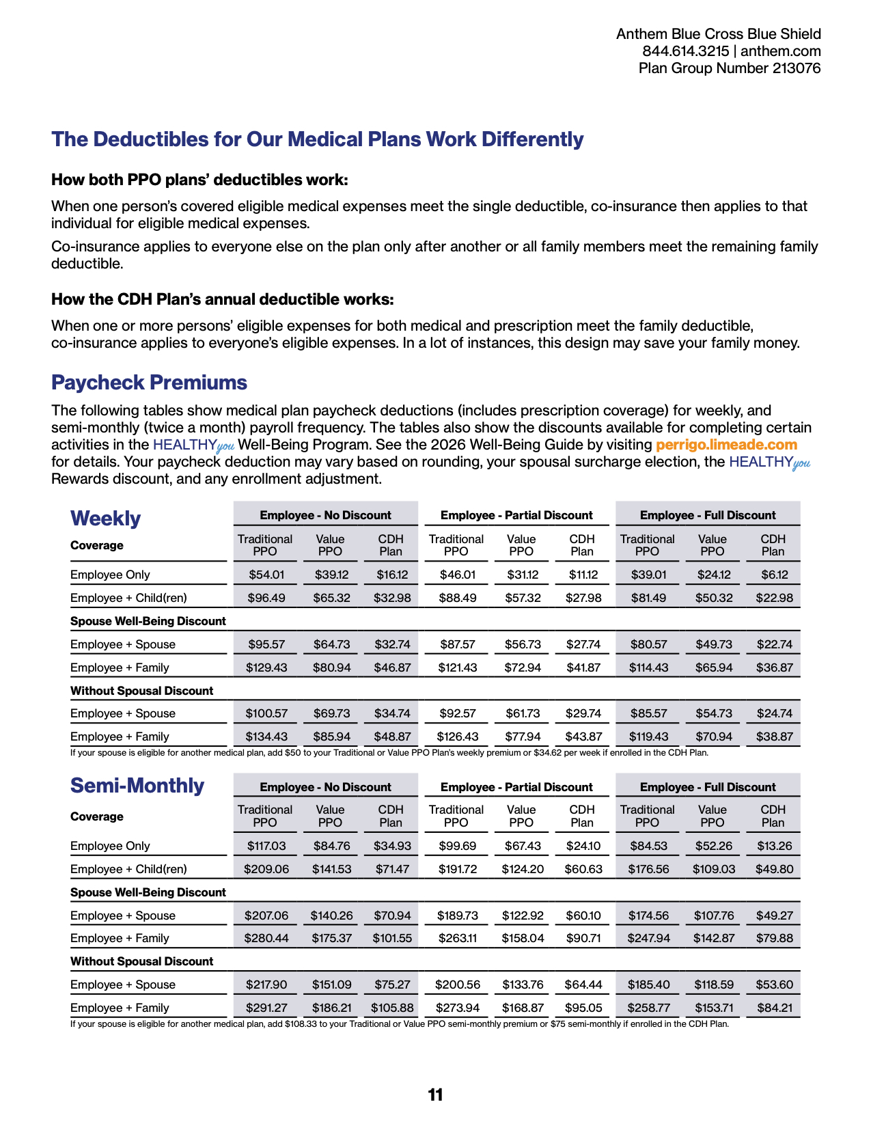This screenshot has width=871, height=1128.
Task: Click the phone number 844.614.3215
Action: click(685, 51)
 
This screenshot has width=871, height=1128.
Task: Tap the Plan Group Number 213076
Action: click(730, 68)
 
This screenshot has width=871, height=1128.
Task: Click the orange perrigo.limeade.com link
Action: click(726, 445)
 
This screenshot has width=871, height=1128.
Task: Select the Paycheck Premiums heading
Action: click(149, 383)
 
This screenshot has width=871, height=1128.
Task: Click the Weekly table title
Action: click(105, 519)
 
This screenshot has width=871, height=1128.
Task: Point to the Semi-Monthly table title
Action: click(137, 786)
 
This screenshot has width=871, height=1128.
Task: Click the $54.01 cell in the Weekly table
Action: click(266, 575)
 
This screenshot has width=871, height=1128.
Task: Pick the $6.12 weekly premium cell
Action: click(775, 575)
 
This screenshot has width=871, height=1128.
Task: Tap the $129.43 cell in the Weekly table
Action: click(266, 668)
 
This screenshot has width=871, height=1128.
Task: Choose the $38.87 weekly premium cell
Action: click(775, 737)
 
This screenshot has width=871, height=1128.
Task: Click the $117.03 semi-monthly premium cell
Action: click(266, 846)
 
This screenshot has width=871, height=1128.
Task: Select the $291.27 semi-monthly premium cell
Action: click(266, 1008)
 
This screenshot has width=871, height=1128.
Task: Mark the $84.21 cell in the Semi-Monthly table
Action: click(775, 1008)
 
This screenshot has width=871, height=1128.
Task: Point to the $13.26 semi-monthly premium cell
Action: click(775, 846)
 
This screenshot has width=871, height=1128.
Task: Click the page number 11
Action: click(435, 1095)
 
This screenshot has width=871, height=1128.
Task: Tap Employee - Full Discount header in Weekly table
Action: click(708, 515)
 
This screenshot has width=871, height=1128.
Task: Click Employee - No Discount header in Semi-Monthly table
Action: click(325, 787)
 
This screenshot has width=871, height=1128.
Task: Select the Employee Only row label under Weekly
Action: click(110, 575)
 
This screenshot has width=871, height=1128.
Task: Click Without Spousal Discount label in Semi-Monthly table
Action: click(141, 961)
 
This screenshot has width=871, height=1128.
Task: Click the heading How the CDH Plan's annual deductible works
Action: click(223, 299)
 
